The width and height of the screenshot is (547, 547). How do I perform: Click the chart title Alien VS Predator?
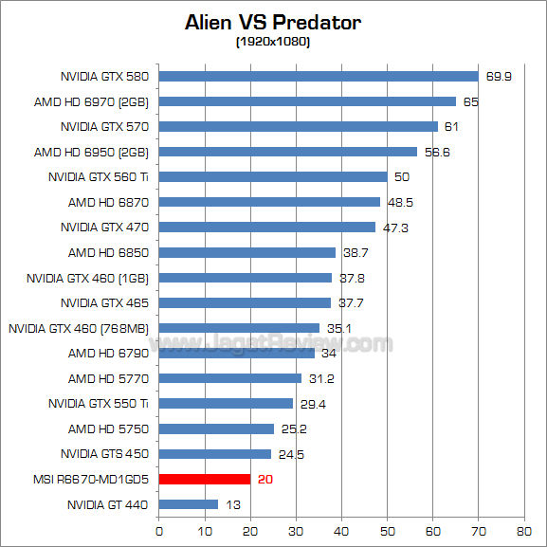(x=273, y=22)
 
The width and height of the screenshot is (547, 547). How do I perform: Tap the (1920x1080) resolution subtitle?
(x=273, y=43)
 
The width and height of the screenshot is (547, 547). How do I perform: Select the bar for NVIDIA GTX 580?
(x=319, y=76)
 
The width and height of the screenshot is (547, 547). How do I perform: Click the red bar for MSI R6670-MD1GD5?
(x=205, y=480)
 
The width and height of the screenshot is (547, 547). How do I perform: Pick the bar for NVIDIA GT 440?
(x=189, y=504)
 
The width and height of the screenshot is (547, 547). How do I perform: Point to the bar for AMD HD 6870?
(x=269, y=202)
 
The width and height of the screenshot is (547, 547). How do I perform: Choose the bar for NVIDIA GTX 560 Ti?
(x=273, y=176)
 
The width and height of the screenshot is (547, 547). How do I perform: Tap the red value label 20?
(x=265, y=480)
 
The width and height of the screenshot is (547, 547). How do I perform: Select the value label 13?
(x=233, y=504)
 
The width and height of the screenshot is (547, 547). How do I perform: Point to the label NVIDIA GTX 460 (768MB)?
(x=79, y=328)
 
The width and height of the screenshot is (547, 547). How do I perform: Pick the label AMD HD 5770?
(x=108, y=378)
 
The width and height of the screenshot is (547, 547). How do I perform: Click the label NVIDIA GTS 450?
(x=104, y=454)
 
